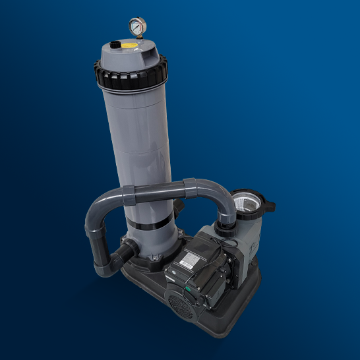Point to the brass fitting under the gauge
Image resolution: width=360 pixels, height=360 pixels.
click(x=137, y=38)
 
